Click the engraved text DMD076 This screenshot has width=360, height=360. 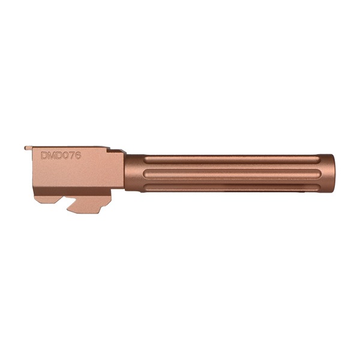[x=61, y=155]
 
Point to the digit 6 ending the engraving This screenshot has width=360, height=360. [x=78, y=155]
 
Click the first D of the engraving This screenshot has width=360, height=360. [x=44, y=155]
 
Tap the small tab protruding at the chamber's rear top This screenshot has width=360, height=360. [x=28, y=148]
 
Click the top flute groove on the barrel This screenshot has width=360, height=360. [x=232, y=160]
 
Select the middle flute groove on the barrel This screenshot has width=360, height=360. [x=232, y=174]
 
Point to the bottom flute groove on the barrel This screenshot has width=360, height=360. [x=232, y=187]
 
